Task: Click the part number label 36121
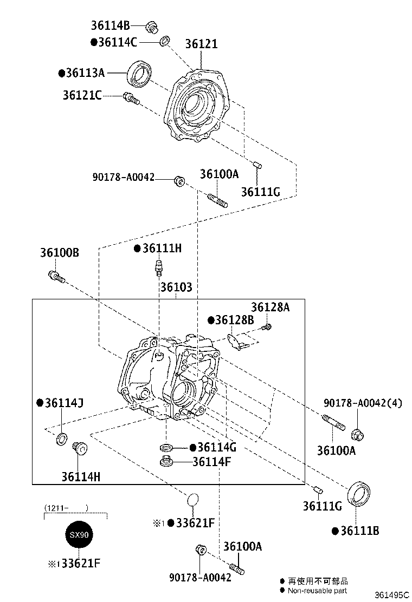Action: click(x=201, y=44)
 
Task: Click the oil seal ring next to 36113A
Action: click(x=140, y=74)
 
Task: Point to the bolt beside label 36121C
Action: click(x=131, y=98)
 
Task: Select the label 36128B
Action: click(x=234, y=320)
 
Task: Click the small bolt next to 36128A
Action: click(x=266, y=326)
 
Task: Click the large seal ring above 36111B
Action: click(x=359, y=493)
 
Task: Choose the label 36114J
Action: click(x=63, y=403)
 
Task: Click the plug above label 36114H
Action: click(x=79, y=447)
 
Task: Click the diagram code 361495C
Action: click(x=390, y=594)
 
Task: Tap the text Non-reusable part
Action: click(x=317, y=591)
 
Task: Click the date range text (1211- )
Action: click(x=66, y=508)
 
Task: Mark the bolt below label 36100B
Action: click(x=56, y=277)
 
